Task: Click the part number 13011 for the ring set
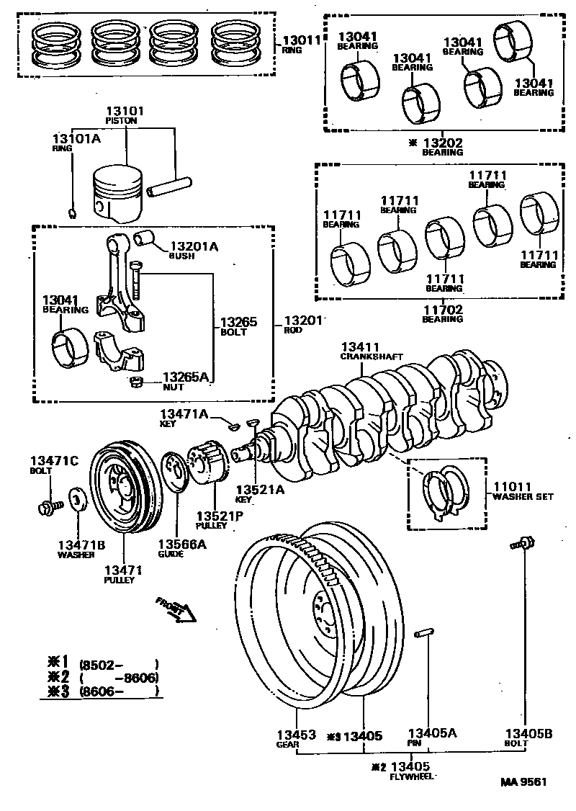tap(301, 41)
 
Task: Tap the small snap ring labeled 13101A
tap(73, 212)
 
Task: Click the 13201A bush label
tap(192, 247)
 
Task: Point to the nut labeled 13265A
tap(133, 382)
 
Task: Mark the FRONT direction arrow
tap(175, 609)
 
